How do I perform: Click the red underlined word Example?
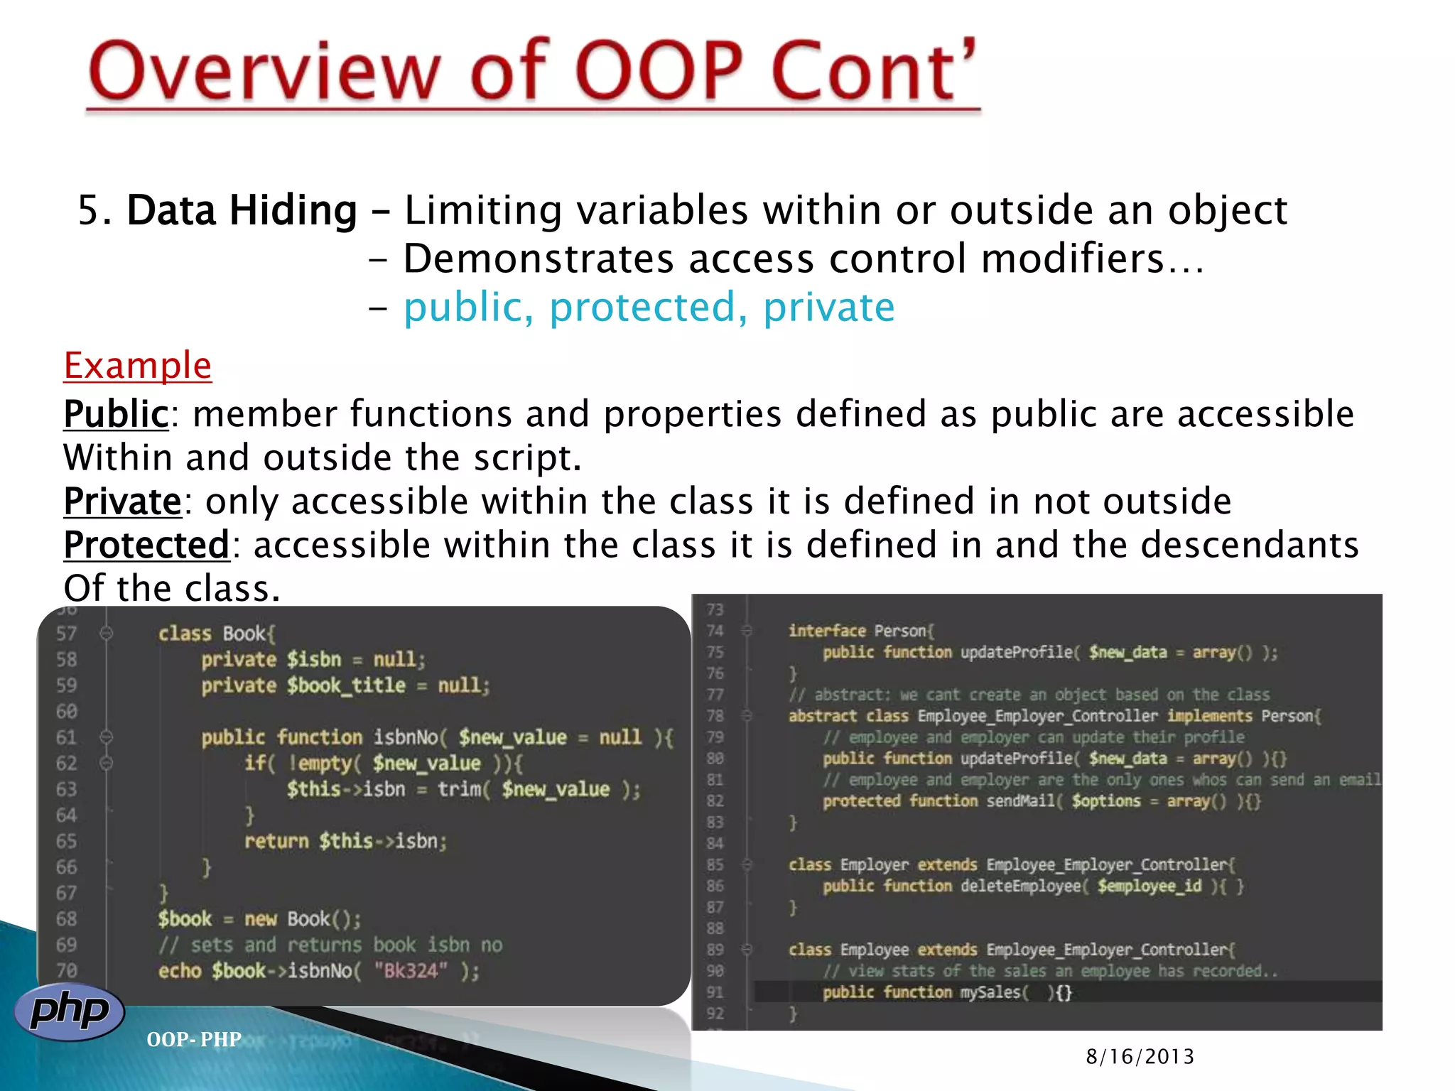(137, 366)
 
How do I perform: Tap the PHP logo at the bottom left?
(70, 1011)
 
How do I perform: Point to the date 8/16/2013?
(1140, 1057)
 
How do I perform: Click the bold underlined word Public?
(116, 414)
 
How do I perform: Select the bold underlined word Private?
(123, 501)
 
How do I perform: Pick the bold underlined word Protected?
(146, 545)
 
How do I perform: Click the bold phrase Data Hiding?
(242, 211)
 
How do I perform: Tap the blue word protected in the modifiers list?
(642, 308)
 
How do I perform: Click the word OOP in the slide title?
(659, 71)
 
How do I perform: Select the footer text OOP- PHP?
(194, 1040)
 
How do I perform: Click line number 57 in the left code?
(66, 634)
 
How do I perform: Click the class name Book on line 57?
(245, 634)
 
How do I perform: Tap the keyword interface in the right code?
(827, 631)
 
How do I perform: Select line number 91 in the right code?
(715, 992)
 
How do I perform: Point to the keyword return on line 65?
(276, 842)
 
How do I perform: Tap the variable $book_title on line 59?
(346, 686)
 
